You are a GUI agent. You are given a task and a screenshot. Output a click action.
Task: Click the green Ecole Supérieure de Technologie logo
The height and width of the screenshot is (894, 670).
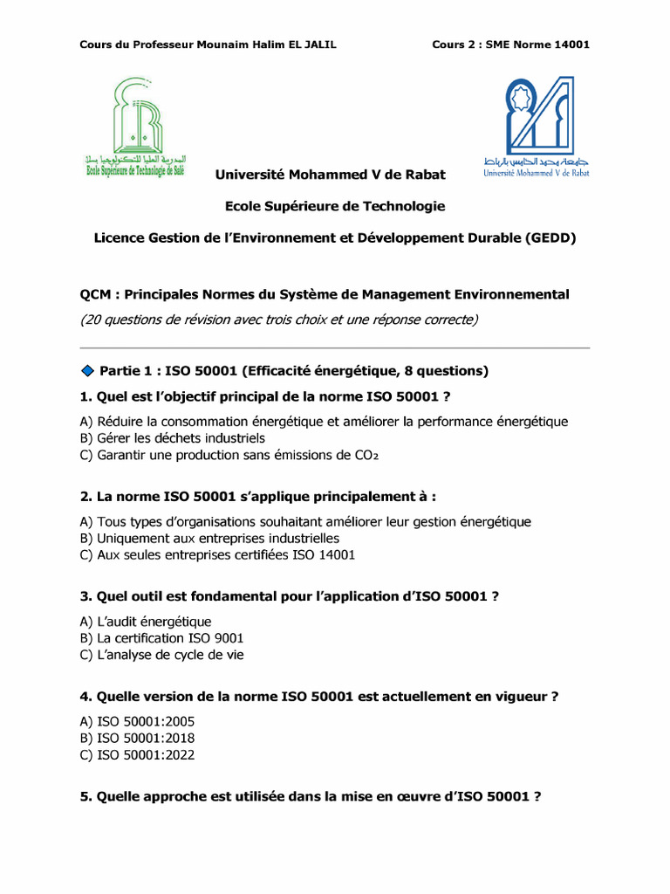click(134, 127)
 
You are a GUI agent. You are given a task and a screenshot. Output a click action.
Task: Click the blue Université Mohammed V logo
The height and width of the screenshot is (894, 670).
click(537, 126)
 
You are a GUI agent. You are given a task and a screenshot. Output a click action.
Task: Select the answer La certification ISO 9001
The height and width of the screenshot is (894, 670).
click(161, 638)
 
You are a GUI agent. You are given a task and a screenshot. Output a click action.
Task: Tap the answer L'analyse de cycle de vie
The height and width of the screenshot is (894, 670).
click(161, 655)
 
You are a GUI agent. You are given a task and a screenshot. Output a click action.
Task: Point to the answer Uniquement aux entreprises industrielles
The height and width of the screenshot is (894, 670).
click(209, 538)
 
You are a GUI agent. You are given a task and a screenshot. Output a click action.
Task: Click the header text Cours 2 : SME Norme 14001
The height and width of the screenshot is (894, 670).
click(510, 45)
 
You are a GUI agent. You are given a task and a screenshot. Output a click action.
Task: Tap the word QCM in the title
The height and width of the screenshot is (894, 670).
click(95, 295)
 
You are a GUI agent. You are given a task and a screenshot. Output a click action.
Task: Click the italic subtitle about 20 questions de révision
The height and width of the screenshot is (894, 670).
click(278, 320)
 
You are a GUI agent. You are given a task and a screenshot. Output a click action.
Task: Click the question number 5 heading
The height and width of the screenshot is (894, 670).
click(310, 796)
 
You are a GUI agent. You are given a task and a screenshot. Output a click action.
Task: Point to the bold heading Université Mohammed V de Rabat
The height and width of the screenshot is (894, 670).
click(330, 175)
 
